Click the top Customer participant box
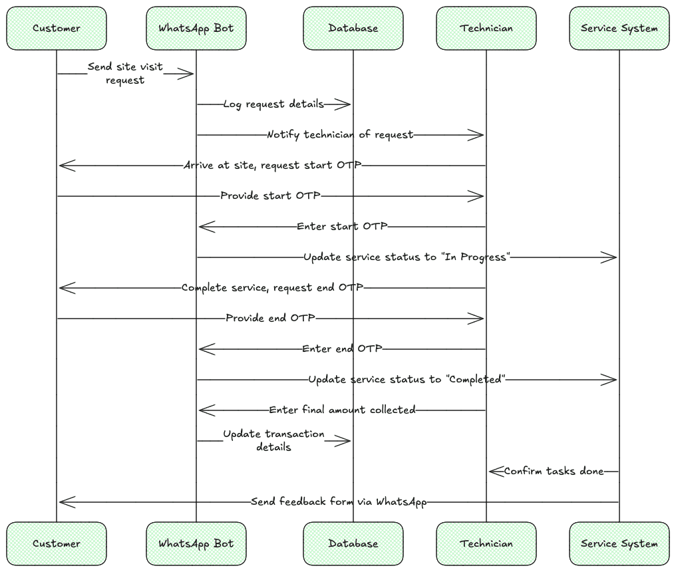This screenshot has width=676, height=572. (x=57, y=28)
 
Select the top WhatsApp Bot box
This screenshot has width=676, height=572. (x=196, y=28)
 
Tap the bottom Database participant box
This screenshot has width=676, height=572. (x=353, y=543)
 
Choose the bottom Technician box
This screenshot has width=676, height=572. (x=486, y=543)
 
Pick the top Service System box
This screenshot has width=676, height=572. (x=619, y=28)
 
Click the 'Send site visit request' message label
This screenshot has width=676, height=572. (x=125, y=74)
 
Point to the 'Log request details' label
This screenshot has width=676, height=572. (x=273, y=104)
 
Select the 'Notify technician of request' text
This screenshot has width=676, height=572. (x=340, y=135)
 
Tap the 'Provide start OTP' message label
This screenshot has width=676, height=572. (x=270, y=196)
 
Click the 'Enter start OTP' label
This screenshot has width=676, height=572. (x=342, y=227)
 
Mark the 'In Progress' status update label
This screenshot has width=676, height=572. (x=407, y=257)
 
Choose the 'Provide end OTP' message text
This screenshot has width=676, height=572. (x=270, y=319)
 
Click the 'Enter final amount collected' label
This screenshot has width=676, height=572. (x=342, y=410)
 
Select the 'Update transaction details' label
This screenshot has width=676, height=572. (x=273, y=441)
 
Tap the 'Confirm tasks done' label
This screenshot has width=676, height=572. (x=554, y=472)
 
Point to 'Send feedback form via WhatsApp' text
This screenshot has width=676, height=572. (x=339, y=502)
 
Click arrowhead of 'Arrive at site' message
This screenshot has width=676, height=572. (x=66, y=166)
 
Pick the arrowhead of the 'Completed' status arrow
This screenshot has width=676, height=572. (x=610, y=380)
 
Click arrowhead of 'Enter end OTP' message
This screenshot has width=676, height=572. (x=206, y=349)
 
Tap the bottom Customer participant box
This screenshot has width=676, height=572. (x=57, y=543)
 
